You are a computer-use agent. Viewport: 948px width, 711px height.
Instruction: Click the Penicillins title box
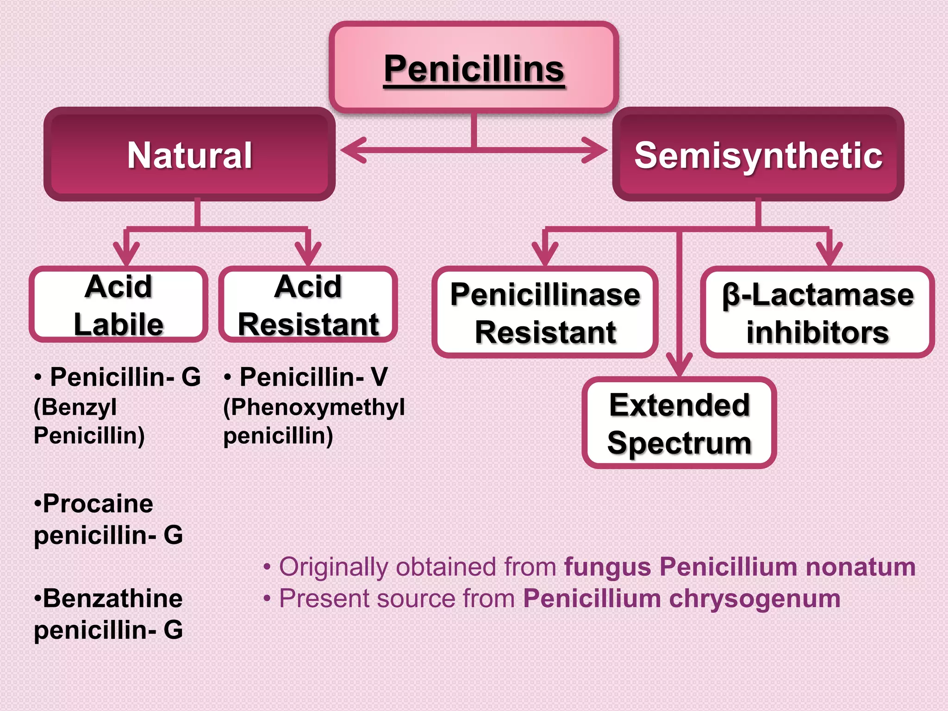pyautogui.click(x=474, y=68)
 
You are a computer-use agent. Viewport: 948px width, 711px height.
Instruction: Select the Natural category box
pyautogui.click(x=190, y=155)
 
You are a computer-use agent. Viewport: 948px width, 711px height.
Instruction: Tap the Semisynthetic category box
pyautogui.click(x=758, y=155)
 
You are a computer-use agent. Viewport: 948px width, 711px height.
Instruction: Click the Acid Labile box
pyautogui.click(x=118, y=305)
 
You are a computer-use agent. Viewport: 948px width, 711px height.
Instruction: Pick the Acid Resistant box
pyautogui.click(x=308, y=305)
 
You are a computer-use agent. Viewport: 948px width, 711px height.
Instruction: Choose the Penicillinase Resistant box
pyautogui.click(x=545, y=313)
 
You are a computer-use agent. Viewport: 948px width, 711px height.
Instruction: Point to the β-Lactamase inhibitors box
pyautogui.click(x=817, y=313)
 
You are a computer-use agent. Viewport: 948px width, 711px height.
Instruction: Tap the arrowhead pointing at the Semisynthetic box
pyautogui.click(x=595, y=150)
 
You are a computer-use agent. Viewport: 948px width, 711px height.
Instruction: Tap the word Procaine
pyautogui.click(x=98, y=504)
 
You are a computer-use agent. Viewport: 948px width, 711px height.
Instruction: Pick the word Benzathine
pyautogui.click(x=112, y=599)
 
